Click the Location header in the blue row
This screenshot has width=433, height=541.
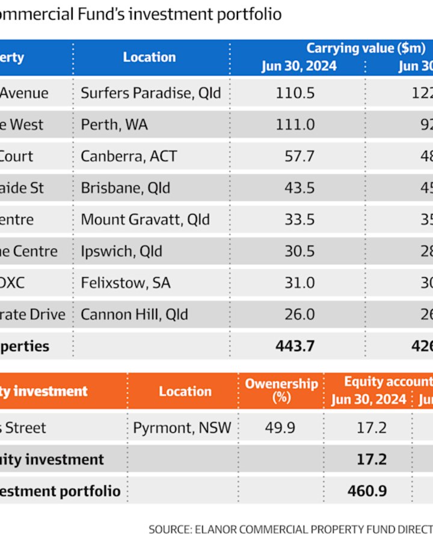click(x=149, y=57)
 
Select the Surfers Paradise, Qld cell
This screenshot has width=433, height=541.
click(x=151, y=93)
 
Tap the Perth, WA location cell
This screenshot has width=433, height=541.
click(x=114, y=125)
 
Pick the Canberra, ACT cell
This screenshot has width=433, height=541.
click(x=129, y=156)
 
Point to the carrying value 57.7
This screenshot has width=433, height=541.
click(x=299, y=156)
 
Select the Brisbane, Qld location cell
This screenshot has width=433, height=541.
click(x=126, y=188)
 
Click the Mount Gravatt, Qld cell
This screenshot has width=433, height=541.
click(x=146, y=219)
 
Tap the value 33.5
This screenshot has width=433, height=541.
click(x=299, y=219)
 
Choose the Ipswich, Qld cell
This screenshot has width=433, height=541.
click(x=121, y=251)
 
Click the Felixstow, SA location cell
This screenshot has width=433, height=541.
click(x=126, y=283)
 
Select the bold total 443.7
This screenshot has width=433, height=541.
click(x=295, y=346)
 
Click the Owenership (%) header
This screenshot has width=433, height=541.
click(x=281, y=390)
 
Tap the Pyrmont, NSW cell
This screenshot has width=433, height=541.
click(x=182, y=428)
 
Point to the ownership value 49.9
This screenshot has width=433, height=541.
click(x=280, y=428)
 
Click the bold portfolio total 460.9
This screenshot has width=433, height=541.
click(x=368, y=491)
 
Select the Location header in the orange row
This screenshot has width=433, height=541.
click(x=185, y=391)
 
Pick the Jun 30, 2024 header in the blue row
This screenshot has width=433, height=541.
click(x=299, y=66)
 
